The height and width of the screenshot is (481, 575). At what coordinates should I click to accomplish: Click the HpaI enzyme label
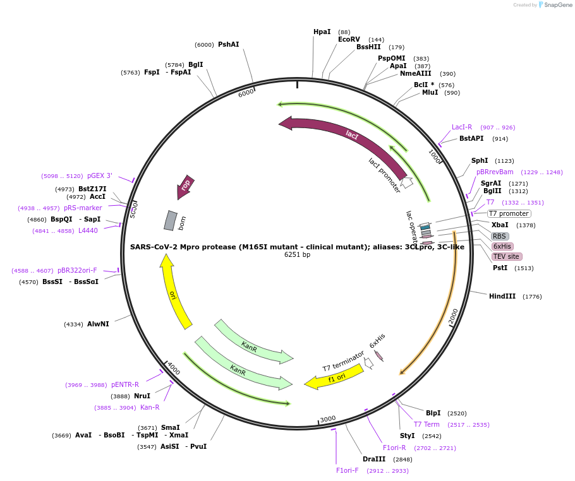(322, 32)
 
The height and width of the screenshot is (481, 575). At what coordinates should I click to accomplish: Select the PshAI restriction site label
(228, 45)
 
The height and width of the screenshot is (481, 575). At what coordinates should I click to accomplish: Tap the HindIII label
(502, 296)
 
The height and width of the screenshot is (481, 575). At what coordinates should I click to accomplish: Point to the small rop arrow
(185, 186)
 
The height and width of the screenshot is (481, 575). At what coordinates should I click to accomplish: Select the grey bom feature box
(171, 220)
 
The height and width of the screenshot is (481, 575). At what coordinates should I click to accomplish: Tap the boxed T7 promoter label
(509, 213)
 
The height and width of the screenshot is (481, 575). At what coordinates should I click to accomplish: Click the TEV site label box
(507, 256)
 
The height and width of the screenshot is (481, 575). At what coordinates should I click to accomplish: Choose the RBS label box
(500, 236)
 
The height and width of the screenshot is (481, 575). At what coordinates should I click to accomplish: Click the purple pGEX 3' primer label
(100, 176)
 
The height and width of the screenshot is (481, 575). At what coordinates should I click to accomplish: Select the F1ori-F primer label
(347, 470)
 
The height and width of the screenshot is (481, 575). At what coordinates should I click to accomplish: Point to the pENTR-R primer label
(125, 384)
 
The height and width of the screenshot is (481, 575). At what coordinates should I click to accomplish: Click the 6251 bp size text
(297, 255)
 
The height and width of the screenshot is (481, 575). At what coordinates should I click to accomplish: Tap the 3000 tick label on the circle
(327, 419)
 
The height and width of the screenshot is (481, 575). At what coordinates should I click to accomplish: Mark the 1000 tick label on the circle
(434, 156)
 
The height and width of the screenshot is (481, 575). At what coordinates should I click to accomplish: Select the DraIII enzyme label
(374, 459)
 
